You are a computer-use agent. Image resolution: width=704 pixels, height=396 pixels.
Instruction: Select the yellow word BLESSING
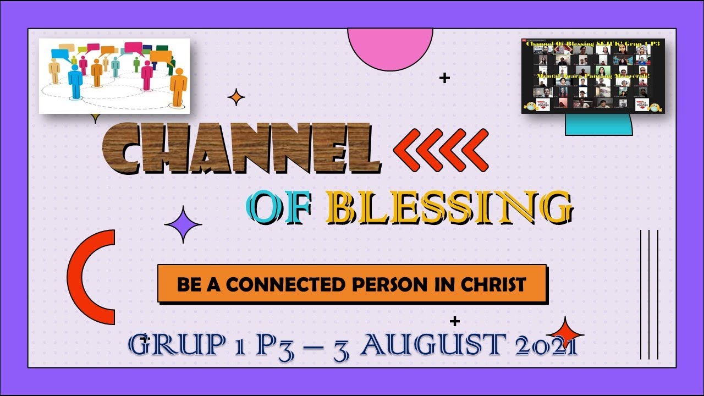point(448,209)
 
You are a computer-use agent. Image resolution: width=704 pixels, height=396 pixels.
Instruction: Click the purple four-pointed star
point(183,224)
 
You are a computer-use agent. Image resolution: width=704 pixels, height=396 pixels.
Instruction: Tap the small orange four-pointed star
point(236,97)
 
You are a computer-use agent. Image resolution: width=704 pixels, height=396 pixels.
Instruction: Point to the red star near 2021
point(565,333)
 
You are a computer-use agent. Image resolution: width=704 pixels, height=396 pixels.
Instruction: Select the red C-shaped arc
point(88,277)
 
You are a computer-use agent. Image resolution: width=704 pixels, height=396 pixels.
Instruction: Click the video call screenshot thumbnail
point(593,76)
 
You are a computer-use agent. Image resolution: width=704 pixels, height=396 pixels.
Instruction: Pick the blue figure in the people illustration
point(75,81)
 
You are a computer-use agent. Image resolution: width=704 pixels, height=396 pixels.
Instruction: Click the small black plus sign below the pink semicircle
point(444,78)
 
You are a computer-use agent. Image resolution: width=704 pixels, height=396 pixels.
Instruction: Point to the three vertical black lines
point(650,294)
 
